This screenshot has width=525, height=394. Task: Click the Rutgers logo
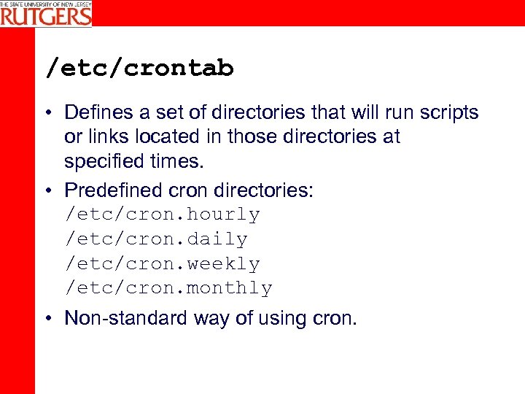pos(46,13)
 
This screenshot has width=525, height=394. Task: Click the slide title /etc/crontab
pos(139,69)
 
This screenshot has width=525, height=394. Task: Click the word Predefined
pos(113,190)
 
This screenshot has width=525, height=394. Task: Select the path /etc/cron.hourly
pos(163,215)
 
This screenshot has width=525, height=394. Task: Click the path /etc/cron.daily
pos(157,239)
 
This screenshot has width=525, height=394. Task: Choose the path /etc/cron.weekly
pos(163,263)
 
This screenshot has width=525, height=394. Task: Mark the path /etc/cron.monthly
pos(168,288)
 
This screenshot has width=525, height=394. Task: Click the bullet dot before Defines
pos(48,113)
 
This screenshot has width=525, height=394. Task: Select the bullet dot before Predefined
pos(48,191)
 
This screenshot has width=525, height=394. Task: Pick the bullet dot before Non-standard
pos(48,319)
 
